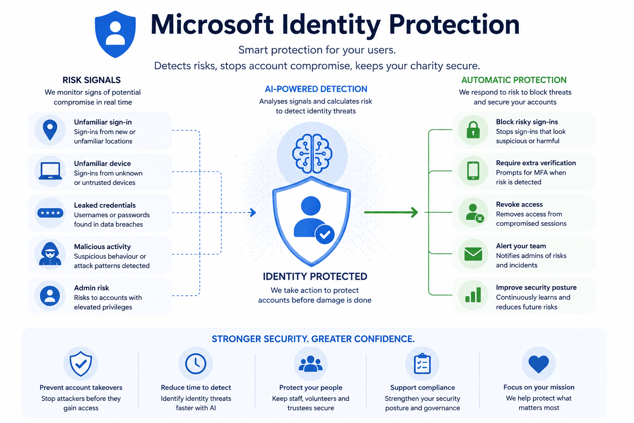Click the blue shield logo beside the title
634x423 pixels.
coord(115,34)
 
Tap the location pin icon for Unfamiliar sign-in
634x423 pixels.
coord(50,130)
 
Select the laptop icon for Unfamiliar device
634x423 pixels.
coord(50,171)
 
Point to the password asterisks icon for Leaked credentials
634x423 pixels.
coord(50,213)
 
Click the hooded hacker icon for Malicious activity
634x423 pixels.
coord(50,254)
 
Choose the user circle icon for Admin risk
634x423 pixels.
coord(50,296)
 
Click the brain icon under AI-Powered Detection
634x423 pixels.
coord(312,153)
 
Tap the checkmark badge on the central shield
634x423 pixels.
coord(325,234)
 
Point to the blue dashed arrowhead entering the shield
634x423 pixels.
coord(253,212)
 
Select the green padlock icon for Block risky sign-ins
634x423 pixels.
coord(473,130)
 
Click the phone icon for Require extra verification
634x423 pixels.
coord(473,171)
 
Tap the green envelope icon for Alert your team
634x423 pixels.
coord(473,254)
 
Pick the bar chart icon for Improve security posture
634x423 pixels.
coord(473,295)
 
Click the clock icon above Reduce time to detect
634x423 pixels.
coord(196,364)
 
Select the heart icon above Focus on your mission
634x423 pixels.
coord(538,364)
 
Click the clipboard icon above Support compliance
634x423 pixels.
coord(422,363)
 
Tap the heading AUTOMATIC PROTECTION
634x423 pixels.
coord(514,80)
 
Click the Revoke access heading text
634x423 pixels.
coord(519,204)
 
